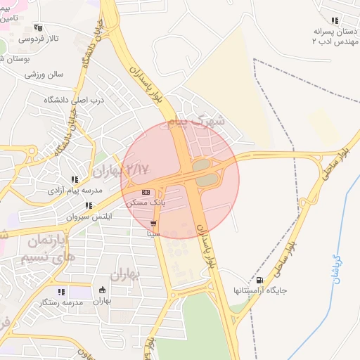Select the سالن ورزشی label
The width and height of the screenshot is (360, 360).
44,73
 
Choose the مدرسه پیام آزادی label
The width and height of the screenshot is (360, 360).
75,190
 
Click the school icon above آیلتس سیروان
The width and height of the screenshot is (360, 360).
89,206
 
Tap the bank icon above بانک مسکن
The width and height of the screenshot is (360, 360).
146,192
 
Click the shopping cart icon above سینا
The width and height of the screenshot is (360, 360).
153,223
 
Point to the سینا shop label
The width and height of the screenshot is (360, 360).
153,233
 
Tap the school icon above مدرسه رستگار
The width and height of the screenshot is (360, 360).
62,291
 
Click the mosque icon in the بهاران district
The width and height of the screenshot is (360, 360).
103,291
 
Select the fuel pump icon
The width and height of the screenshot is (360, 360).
260,280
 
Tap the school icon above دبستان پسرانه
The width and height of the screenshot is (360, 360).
335,21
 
